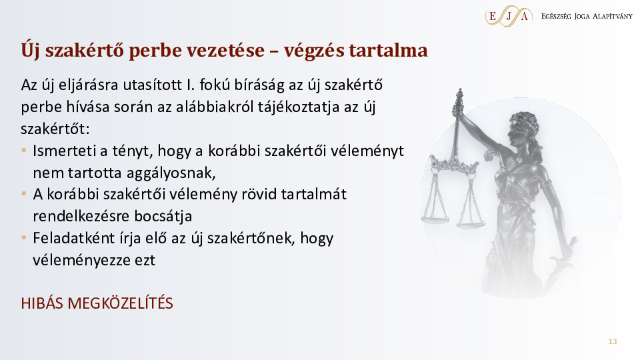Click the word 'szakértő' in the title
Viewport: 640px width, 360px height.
pyautogui.click(x=85, y=50)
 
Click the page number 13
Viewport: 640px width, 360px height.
pyautogui.click(x=612, y=341)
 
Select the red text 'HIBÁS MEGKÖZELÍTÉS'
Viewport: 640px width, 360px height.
pyautogui.click(x=97, y=303)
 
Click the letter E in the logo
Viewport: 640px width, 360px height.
pyautogui.click(x=492, y=16)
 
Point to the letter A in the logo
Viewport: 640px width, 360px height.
pyautogui.click(x=525, y=16)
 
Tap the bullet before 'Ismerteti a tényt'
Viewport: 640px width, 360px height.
pyautogui.click(x=24, y=151)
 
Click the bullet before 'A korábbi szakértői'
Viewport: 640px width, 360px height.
pyautogui.click(x=24, y=194)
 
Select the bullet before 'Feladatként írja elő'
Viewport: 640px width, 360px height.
pyautogui.click(x=24, y=237)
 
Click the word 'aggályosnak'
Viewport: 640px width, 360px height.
pyautogui.click(x=171, y=173)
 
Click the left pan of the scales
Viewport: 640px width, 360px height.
pyautogui.click(x=434, y=219)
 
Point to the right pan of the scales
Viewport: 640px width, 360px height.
pyautogui.click(x=471, y=224)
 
